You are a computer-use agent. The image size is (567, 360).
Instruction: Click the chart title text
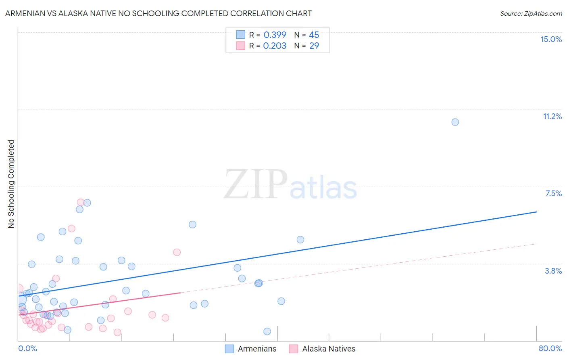(x=158, y=13)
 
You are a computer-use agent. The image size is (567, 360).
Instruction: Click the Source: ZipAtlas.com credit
(x=531, y=13)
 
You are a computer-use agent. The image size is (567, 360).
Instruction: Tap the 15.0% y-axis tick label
(x=551, y=39)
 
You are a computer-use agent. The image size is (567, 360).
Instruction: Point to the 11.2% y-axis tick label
(x=552, y=116)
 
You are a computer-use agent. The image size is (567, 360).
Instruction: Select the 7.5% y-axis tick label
(x=553, y=193)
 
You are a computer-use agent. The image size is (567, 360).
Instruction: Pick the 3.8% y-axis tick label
(x=553, y=271)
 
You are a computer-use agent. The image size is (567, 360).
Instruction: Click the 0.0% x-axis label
(x=27, y=348)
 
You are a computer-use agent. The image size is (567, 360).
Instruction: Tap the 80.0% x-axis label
(x=550, y=348)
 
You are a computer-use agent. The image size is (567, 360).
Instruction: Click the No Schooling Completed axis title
(x=11, y=184)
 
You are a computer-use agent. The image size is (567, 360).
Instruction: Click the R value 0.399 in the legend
(x=275, y=35)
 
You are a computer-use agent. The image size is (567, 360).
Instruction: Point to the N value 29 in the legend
(x=314, y=46)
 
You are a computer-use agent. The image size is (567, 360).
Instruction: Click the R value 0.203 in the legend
(x=275, y=46)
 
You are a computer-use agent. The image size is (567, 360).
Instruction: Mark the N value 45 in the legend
(x=314, y=35)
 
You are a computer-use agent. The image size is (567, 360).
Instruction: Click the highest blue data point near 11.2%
(x=455, y=122)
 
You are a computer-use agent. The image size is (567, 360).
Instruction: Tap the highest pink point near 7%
(x=81, y=202)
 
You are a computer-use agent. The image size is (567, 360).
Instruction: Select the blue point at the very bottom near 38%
(x=267, y=331)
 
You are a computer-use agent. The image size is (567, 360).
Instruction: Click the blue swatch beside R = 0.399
(x=240, y=35)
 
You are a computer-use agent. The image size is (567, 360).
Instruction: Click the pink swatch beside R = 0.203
(x=240, y=46)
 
